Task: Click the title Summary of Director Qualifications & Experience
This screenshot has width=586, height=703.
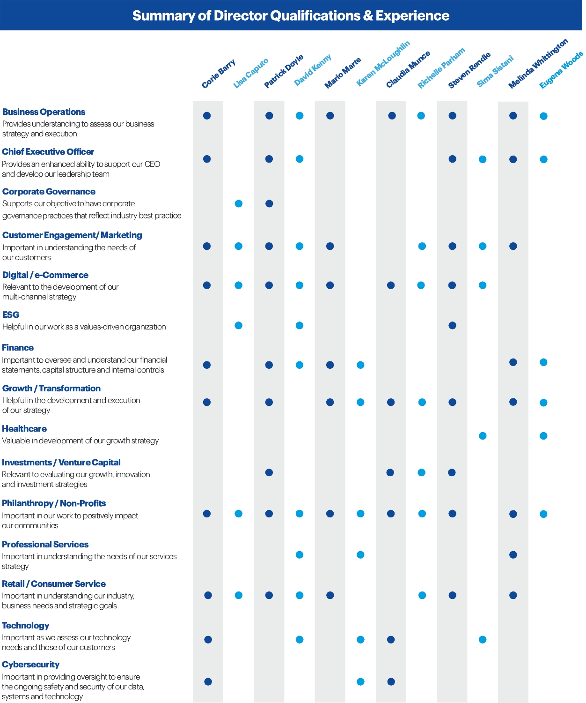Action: coord(291,15)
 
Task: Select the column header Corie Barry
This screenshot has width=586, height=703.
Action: coord(218,74)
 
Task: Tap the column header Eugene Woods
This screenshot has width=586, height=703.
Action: coord(561,70)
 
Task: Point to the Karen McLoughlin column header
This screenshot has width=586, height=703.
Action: coord(382,63)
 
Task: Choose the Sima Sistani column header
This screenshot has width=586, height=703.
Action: coord(495,71)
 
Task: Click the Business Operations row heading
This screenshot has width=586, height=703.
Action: coord(44,112)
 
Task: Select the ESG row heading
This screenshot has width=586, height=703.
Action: coord(11,315)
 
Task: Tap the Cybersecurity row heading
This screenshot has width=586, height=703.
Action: coord(31,665)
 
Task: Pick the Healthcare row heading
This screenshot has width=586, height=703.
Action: coord(24,429)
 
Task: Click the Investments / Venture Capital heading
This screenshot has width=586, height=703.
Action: coord(61,463)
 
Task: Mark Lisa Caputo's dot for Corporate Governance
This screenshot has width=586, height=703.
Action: coord(239,203)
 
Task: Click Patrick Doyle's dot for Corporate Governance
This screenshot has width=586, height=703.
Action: coord(269,203)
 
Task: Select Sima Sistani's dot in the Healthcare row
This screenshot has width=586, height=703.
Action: coord(483,436)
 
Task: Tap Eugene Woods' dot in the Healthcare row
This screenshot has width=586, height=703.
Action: coord(543,436)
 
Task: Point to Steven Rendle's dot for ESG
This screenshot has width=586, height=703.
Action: coord(452,325)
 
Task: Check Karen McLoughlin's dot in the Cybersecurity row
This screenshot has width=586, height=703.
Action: coord(360,682)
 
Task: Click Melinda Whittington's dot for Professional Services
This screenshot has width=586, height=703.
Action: coord(513,555)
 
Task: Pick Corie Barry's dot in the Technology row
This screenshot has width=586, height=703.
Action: coord(208,640)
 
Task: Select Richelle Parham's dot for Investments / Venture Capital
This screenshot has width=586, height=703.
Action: coord(422,472)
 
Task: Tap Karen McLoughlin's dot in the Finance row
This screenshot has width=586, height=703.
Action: coord(360,365)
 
